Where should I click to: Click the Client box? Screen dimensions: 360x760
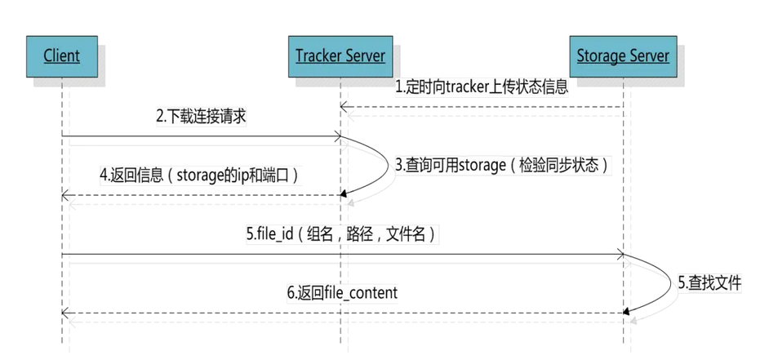coord(62,56)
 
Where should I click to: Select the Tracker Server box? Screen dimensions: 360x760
coord(340,56)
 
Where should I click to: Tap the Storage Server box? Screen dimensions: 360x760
coord(623,56)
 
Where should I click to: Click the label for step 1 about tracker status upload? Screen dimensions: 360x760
coord(482,87)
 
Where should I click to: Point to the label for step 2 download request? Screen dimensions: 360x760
coord(202,118)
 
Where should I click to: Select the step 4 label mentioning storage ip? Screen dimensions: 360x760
coord(200,175)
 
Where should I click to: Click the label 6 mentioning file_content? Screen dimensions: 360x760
coord(342,292)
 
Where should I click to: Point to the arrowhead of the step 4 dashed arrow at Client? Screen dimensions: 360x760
coord(65,195)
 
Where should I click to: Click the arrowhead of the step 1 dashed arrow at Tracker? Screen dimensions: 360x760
coord(344,106)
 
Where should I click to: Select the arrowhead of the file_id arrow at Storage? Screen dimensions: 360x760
coord(620,255)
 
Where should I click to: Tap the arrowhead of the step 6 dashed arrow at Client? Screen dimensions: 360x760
coord(65,313)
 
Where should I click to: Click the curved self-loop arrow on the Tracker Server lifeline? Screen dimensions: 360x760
coord(382,166)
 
